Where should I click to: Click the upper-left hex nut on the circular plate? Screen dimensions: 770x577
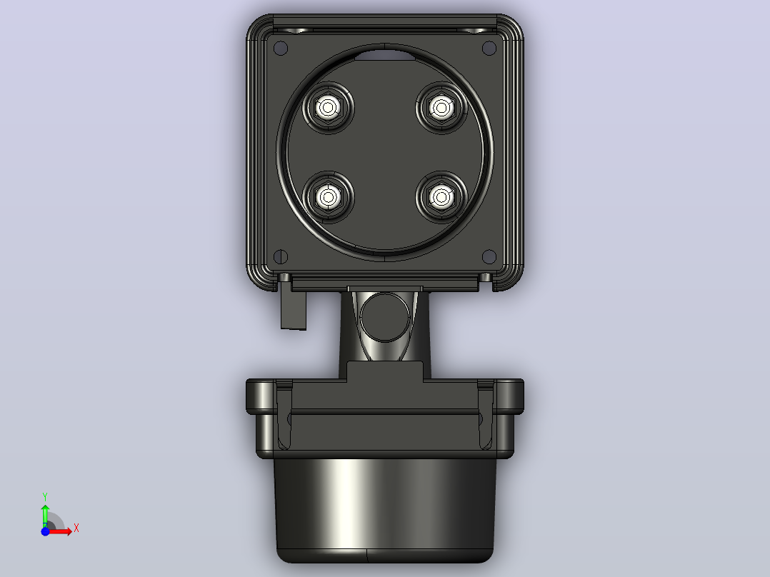tap(328, 108)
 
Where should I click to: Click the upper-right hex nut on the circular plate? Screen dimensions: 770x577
tap(441, 108)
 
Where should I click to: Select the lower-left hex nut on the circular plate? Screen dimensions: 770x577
tap(328, 197)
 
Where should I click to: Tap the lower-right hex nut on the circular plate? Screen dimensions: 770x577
tap(441, 197)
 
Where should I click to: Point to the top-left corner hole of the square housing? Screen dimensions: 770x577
tap(281, 48)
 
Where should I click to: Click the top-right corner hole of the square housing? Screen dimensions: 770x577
tap(489, 48)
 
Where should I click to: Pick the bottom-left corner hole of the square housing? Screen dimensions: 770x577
tap(281, 256)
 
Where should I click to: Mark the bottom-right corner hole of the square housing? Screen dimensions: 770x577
tap(489, 256)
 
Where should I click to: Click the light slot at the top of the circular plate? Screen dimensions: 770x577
tap(384, 55)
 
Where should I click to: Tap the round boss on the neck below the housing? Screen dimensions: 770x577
tap(384, 317)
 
